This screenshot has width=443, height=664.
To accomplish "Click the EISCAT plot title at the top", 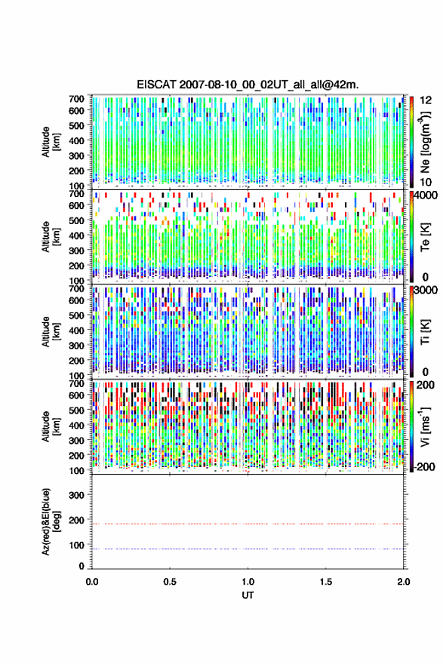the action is click(248, 85).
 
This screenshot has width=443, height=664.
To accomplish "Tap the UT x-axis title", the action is click(248, 595).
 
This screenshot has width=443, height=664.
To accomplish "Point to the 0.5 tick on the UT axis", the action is click(170, 582).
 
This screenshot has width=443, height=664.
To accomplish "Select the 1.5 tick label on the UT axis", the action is click(326, 582).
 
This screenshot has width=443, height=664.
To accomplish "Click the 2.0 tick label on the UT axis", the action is click(404, 582).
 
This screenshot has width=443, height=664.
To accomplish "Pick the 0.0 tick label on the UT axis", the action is click(92, 582).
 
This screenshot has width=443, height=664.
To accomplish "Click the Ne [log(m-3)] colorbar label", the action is click(425, 142).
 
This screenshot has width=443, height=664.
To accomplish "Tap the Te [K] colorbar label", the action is click(425, 237).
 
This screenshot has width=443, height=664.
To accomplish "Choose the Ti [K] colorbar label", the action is click(425, 331).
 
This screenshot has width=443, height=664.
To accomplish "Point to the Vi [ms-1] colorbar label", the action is click(425, 426).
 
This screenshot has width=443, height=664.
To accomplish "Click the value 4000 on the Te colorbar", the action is click(426, 195).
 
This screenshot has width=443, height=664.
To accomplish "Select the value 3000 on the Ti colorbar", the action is click(426, 290).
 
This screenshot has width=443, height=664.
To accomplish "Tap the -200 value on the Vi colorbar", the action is click(424, 466).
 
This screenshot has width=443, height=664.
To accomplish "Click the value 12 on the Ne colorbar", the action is click(426, 100).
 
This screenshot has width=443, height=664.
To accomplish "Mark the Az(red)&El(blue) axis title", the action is click(51, 521).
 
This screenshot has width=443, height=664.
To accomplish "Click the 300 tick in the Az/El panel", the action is click(76, 495).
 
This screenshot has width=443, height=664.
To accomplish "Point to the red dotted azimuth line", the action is click(248, 524).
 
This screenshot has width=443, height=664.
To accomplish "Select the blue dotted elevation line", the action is click(248, 549).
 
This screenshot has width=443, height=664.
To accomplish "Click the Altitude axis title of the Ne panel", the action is click(51, 142).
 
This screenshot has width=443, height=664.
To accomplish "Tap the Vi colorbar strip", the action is click(411, 426).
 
